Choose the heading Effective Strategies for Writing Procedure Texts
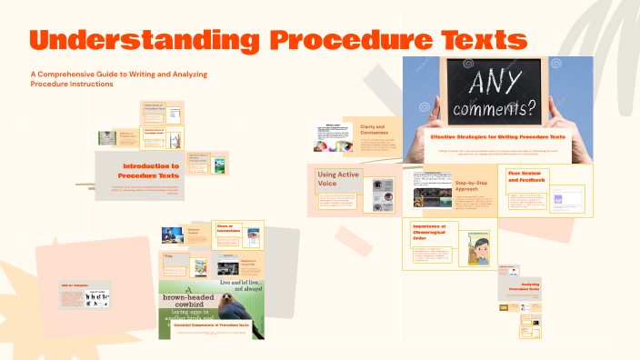click(500, 137)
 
